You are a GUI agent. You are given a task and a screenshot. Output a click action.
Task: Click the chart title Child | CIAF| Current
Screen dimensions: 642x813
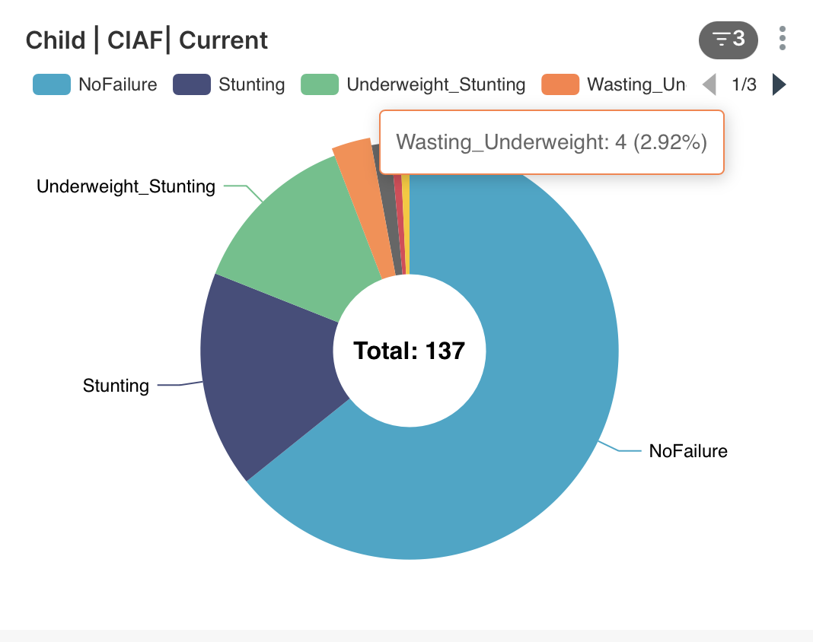147,40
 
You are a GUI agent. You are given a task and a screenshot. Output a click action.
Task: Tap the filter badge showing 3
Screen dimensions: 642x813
728,39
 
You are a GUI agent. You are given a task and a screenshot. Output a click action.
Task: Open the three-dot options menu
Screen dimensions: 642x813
783,38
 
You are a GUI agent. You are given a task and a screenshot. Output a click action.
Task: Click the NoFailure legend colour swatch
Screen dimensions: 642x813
51,84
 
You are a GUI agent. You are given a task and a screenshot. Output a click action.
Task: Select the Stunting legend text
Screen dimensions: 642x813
251,84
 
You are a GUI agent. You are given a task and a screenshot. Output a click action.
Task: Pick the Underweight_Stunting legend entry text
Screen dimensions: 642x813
435,84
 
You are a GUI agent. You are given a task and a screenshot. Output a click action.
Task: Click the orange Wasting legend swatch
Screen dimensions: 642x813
560,84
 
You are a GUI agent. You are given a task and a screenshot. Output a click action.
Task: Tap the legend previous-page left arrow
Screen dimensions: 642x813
709,84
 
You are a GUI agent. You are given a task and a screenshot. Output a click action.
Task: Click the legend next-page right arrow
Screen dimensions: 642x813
778,84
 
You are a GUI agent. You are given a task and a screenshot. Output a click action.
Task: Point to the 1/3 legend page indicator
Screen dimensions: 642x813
744,84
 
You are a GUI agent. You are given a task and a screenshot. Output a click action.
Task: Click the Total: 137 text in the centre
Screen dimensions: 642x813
409,351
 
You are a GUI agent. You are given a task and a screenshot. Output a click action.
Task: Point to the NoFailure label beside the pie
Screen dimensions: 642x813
688,451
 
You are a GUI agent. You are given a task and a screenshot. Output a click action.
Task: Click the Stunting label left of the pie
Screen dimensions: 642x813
116,386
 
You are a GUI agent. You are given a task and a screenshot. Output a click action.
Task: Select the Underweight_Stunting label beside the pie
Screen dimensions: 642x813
126,186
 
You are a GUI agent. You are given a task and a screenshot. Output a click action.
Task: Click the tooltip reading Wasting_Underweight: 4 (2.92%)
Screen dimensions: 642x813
551,142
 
